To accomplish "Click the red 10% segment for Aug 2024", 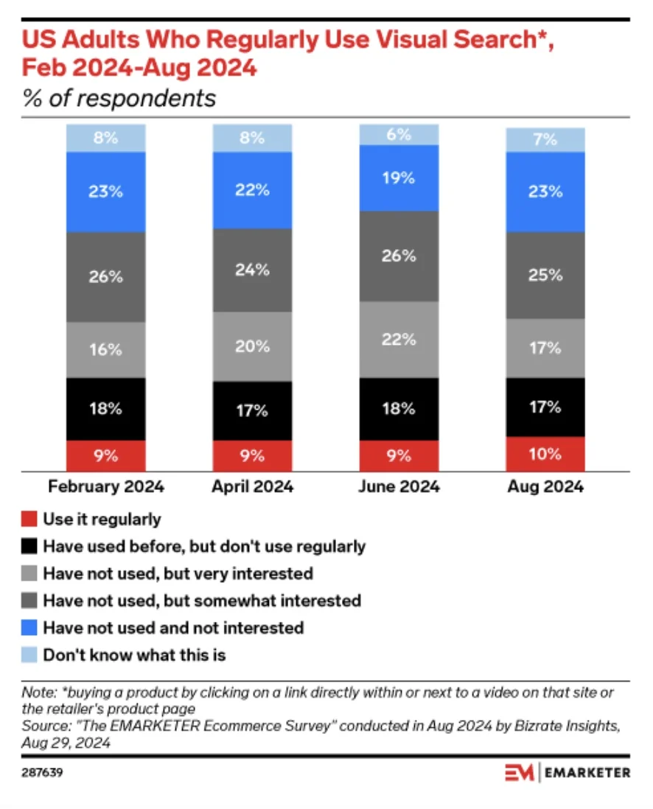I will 545,454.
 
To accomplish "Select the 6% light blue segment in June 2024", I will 399,135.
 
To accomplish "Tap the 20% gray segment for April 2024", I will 252,346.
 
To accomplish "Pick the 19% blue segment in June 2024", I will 399,178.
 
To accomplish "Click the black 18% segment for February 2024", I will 105,410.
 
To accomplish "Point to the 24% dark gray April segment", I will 252,270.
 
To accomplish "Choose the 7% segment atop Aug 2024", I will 545,140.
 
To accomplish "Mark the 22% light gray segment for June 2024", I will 399,340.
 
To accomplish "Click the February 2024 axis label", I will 106,487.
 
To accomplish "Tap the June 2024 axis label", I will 399,487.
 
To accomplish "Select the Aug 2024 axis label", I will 545,487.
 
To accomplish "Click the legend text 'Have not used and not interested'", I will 173,628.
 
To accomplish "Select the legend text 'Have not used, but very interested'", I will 178,573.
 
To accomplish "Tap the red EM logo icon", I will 520,773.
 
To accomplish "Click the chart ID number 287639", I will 42,774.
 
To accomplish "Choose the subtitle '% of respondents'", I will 119,98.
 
